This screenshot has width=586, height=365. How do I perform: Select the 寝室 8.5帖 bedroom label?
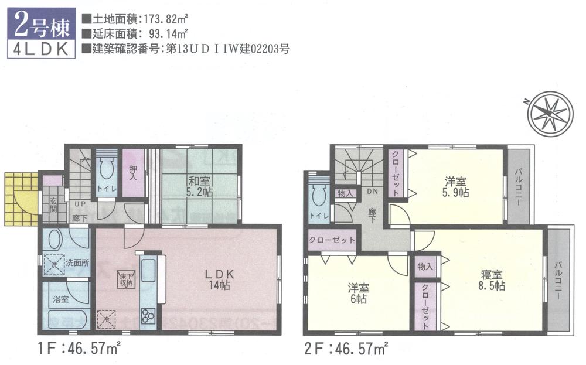pos(492,280)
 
